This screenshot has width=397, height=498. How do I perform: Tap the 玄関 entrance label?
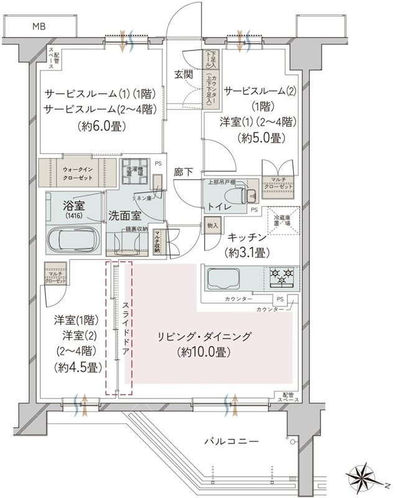[x=183, y=75]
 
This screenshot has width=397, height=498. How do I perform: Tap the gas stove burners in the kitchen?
[x=283, y=276]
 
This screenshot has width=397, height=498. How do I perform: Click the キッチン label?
[x=247, y=238]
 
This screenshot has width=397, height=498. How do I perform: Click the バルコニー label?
[x=227, y=441]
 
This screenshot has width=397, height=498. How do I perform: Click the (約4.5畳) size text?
[x=78, y=367]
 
